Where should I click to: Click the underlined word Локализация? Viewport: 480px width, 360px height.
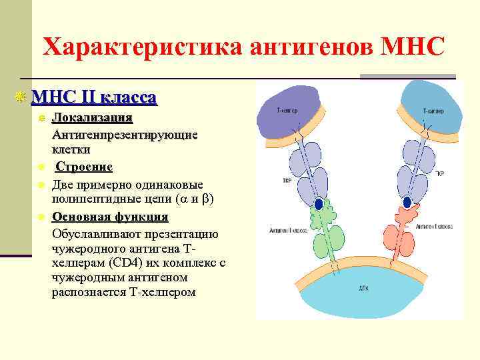click(x=93, y=119)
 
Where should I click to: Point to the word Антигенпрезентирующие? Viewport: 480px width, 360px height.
click(x=125, y=135)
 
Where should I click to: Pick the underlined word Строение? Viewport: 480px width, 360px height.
click(x=84, y=167)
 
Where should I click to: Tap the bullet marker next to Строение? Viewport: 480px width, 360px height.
click(x=41, y=167)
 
